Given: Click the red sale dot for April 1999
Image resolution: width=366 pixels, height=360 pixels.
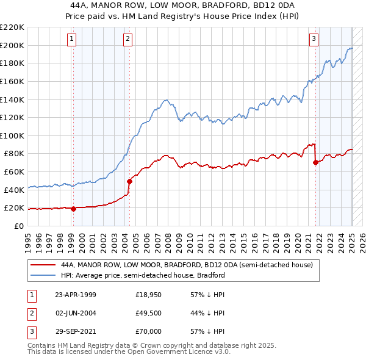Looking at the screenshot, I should pos(74,209).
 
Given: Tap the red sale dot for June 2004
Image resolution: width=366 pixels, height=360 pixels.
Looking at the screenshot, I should pos(129,181).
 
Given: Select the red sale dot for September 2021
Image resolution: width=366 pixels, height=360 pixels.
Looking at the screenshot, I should pos(316,162).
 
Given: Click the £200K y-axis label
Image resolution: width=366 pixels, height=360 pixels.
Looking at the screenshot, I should pos(12,45).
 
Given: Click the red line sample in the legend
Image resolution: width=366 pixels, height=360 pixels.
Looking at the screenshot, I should pos(43,265).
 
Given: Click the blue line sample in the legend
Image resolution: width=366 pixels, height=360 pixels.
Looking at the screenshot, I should pos(43,275).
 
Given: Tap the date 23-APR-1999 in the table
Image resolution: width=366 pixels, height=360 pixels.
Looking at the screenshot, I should pos(75,295).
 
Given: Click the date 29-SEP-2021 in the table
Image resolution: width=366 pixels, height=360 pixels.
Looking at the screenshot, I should pos(75,333).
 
